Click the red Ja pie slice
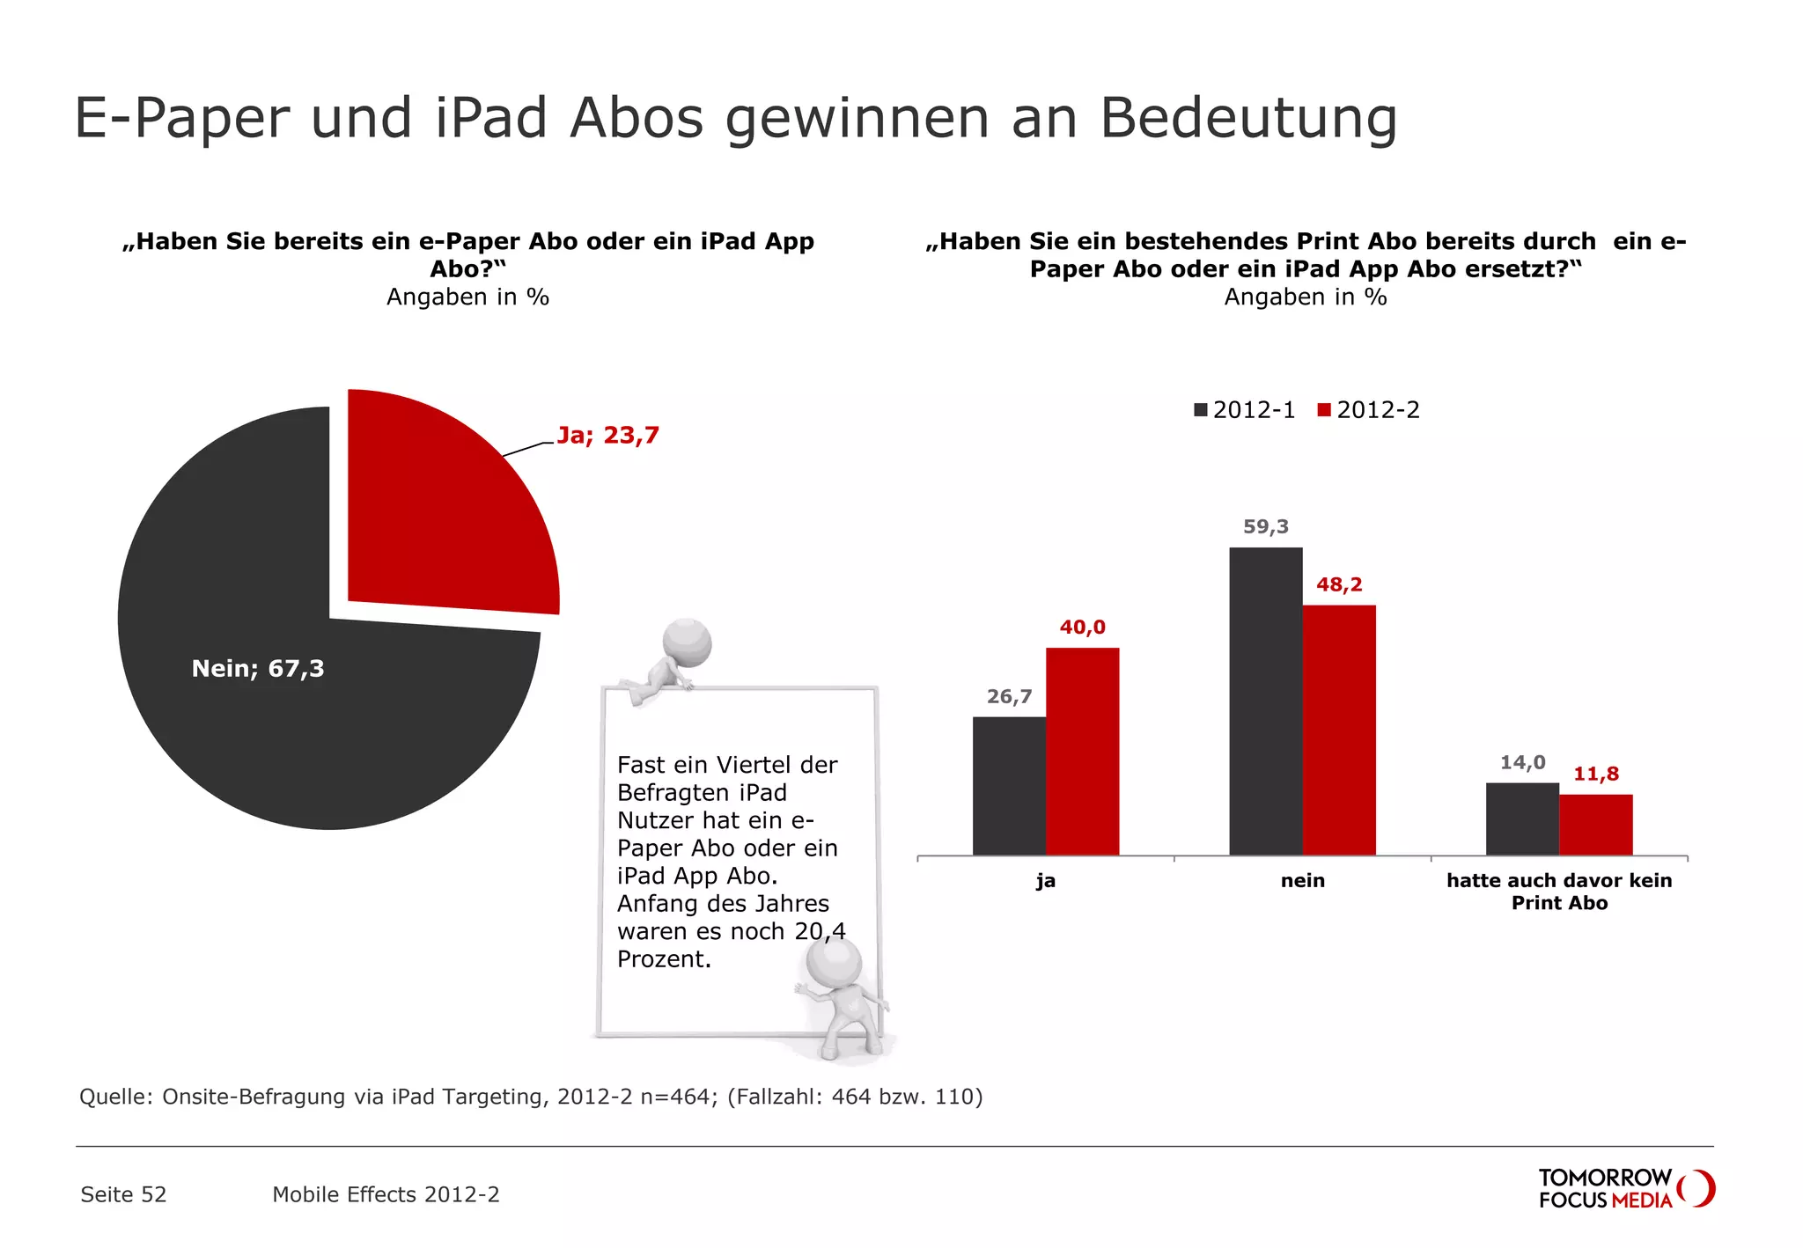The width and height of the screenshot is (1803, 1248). (440, 510)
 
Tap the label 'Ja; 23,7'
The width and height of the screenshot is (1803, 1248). (607, 436)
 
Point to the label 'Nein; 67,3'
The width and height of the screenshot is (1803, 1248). (258, 669)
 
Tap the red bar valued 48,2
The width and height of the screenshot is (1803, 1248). (1338, 730)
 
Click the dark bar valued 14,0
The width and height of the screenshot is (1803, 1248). (1522, 819)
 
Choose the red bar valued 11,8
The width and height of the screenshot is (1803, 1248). (1595, 825)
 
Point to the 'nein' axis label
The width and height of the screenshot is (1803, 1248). (1302, 881)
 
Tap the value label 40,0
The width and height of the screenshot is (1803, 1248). (1082, 628)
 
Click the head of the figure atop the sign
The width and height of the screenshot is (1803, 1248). (687, 643)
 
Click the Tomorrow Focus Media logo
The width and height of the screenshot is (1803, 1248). (1624, 1188)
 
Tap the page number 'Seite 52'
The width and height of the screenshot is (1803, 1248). (123, 1194)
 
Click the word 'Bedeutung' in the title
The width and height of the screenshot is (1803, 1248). (1247, 118)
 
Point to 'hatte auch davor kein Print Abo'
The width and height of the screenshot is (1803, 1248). (1558, 892)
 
